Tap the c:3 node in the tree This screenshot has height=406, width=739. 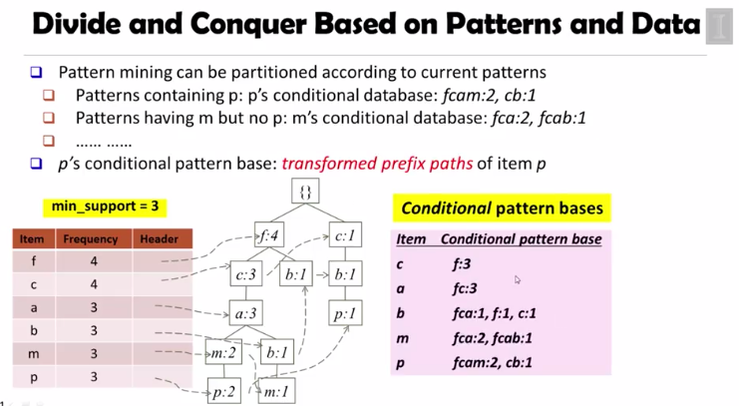pyautogui.click(x=246, y=274)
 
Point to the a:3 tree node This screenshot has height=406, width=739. pyautogui.click(x=245, y=313)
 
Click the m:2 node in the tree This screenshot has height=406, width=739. pyautogui.click(x=223, y=352)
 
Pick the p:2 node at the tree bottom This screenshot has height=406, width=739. pyautogui.click(x=223, y=391)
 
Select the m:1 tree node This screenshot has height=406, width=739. pyautogui.click(x=275, y=391)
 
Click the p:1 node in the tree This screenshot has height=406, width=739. pyautogui.click(x=345, y=313)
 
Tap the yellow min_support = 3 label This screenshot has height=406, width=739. pyautogui.click(x=104, y=207)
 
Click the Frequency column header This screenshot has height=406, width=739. pyautogui.click(x=91, y=239)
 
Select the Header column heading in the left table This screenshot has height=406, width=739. pyautogui.click(x=160, y=239)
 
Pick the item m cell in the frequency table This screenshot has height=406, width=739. pyautogui.click(x=33, y=354)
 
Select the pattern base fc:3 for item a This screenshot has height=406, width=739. pyautogui.click(x=465, y=287)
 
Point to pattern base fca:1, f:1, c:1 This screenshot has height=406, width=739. pyautogui.click(x=496, y=312)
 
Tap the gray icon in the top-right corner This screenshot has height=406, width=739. pyautogui.click(x=719, y=27)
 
